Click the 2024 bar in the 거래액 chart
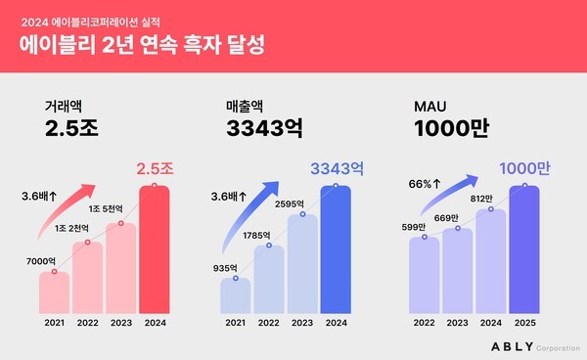point(154,249)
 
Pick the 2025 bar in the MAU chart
point(525,249)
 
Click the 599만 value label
point(417,227)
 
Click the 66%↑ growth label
point(422,182)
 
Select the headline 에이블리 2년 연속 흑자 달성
point(147,45)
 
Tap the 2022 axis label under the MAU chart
point(424,322)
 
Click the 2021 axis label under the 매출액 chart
point(235,322)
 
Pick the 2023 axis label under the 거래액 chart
point(120,322)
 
